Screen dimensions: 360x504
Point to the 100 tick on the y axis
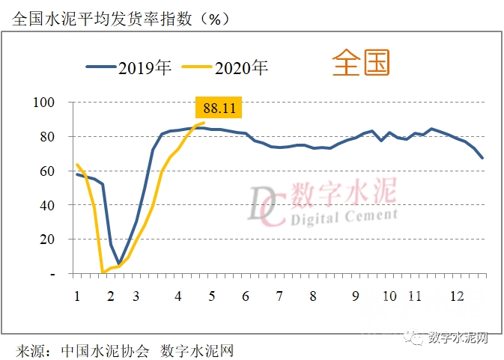click(x=46, y=103)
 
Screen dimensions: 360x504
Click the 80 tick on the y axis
click(x=48, y=137)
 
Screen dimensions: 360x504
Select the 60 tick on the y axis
click(x=48, y=171)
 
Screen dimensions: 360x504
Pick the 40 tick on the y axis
click(x=48, y=205)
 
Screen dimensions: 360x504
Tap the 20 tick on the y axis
click(x=48, y=240)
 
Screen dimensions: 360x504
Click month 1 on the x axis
click(x=76, y=296)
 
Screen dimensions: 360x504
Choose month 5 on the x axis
click(x=212, y=296)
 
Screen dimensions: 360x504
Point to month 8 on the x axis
click(x=312, y=296)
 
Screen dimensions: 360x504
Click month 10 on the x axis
click(x=389, y=296)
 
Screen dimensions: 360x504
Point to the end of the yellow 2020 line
click(x=204, y=123)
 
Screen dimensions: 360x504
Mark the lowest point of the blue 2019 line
click(x=118, y=263)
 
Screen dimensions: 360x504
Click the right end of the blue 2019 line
click(x=483, y=158)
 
